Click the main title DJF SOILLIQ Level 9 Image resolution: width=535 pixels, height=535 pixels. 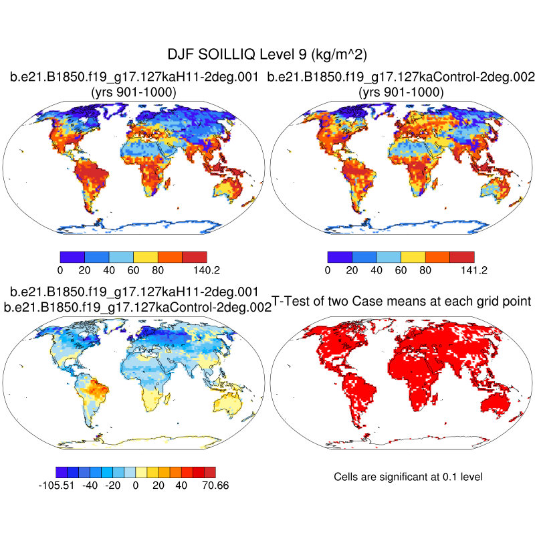tap(267, 54)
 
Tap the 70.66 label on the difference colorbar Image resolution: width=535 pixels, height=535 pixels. tap(215, 486)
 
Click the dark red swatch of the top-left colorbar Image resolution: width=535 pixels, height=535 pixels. tap(195, 256)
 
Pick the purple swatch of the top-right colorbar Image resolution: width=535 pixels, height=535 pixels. tap(340, 256)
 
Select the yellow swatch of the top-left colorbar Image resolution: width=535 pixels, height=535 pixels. tap(146, 256)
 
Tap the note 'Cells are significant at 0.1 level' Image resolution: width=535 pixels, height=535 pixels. tap(408, 477)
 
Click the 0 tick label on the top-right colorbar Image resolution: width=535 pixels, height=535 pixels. tap(328, 270)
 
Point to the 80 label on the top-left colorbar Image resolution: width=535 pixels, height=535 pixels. tap(158, 270)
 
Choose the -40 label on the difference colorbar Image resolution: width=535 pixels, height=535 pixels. tap(90, 486)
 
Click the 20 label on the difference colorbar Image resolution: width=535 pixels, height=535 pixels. tap(158, 486)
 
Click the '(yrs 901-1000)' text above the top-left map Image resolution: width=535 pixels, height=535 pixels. tap(134, 93)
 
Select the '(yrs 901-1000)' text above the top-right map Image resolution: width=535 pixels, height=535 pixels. tap(401, 93)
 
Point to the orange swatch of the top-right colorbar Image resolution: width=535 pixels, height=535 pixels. tap(437, 256)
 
